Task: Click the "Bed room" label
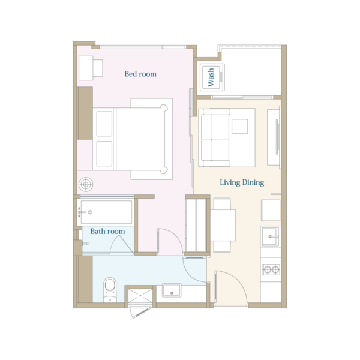[x=140, y=74]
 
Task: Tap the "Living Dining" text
[x=242, y=182]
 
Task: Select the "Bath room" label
[x=107, y=231]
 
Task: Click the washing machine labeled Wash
[x=212, y=77]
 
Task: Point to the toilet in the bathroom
[x=110, y=290]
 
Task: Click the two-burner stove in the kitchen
[x=271, y=269]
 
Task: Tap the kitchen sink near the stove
[x=270, y=236]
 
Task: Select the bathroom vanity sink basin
[x=172, y=290]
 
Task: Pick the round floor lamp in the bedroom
[x=86, y=184]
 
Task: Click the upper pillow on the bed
[x=104, y=124]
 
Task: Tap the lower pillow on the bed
[x=104, y=154]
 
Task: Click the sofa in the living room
[x=215, y=137]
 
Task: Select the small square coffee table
[x=239, y=126]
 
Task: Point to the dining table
[x=223, y=225]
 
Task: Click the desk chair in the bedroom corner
[x=98, y=68]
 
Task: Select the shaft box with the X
[x=140, y=296]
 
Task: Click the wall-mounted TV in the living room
[x=278, y=137]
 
